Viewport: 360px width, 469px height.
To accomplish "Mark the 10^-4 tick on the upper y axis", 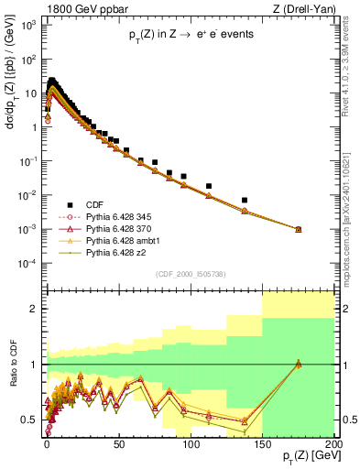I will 30,264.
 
